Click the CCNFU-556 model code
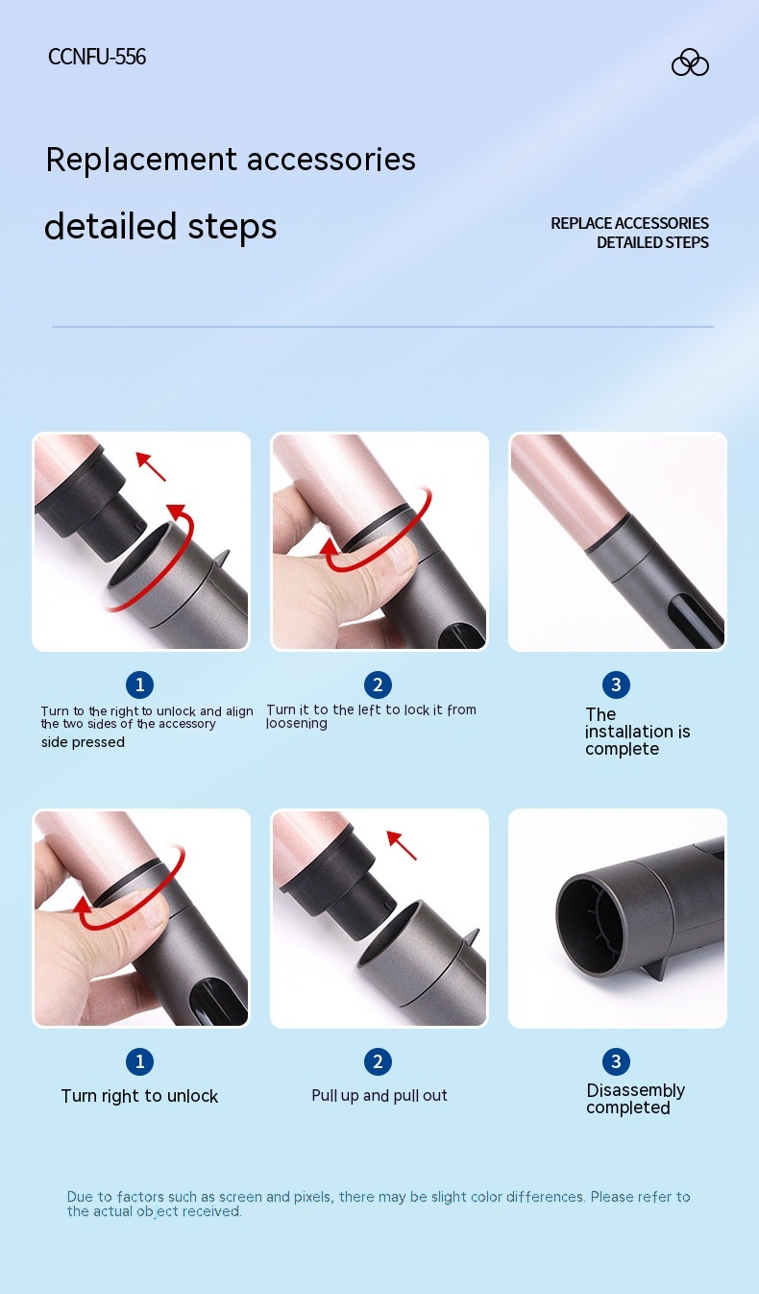[97, 57]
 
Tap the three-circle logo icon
[690, 62]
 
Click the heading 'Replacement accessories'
[231, 160]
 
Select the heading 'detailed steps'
[160, 227]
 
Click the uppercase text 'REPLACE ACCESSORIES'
[629, 223]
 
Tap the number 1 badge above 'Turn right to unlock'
[139, 1061]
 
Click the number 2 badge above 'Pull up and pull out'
[378, 1061]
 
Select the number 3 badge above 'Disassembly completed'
[616, 1061]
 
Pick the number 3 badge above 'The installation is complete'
[616, 684]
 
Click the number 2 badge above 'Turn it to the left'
[378, 684]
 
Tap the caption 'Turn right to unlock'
[139, 1096]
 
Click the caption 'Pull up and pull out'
[379, 1095]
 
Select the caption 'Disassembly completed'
[635, 1099]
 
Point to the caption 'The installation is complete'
[637, 732]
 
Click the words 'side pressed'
[83, 742]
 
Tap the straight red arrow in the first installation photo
[151, 467]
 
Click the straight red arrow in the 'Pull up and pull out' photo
[402, 845]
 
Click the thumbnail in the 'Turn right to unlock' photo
[152, 910]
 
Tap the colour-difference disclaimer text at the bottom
[379, 1204]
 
